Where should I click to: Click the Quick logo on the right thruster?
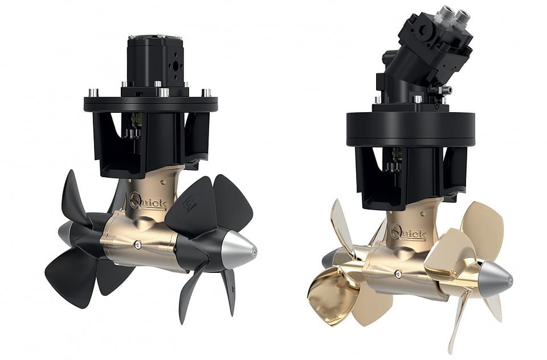coord(408,232)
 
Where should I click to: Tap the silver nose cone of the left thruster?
coord(240,251)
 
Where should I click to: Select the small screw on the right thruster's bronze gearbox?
coord(398,274)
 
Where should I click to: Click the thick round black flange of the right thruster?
coord(411,129)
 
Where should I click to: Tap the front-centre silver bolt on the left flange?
coord(164,93)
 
